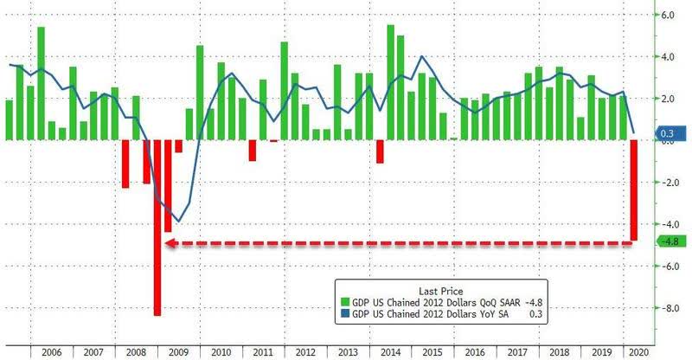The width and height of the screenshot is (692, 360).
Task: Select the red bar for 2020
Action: [633, 190]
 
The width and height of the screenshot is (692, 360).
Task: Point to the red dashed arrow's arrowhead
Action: [169, 244]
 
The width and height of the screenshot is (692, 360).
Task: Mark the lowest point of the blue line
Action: [178, 222]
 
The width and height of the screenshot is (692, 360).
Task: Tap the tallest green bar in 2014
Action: [390, 82]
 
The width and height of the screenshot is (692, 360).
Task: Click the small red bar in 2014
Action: [380, 151]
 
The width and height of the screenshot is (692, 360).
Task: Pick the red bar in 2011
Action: [253, 150]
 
